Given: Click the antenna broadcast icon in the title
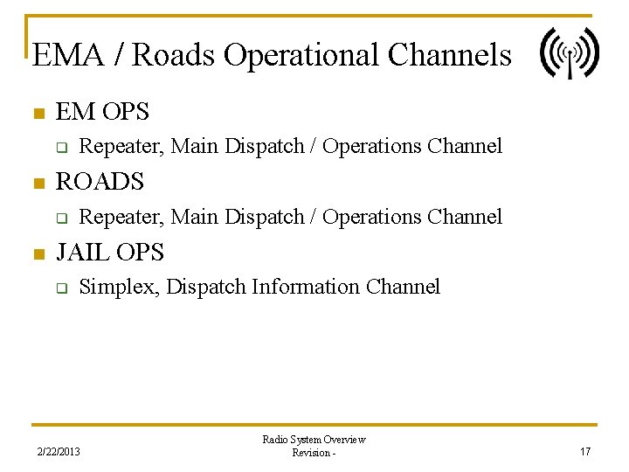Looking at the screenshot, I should pyautogui.click(x=570, y=52).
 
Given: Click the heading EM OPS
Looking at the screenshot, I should pyautogui.click(x=102, y=112).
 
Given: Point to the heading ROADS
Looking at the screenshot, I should pyautogui.click(x=100, y=182).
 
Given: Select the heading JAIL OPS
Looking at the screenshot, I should pyautogui.click(x=109, y=253).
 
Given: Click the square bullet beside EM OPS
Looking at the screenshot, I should pyautogui.click(x=38, y=114).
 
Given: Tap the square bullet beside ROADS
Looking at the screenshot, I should pyautogui.click(x=38, y=184).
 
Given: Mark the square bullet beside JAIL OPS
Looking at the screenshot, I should pyautogui.click(x=38, y=254).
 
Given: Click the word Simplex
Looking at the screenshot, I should pyautogui.click(x=118, y=287).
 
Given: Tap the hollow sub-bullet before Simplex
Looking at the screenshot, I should pyautogui.click(x=62, y=288).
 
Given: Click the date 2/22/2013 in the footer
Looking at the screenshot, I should pyautogui.click(x=59, y=452).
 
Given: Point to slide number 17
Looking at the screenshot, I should pyautogui.click(x=585, y=452).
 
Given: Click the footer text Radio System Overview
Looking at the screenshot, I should pyautogui.click(x=314, y=440).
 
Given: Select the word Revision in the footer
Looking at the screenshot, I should pyautogui.click(x=310, y=453).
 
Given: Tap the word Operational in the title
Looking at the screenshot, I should pyautogui.click(x=301, y=55).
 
